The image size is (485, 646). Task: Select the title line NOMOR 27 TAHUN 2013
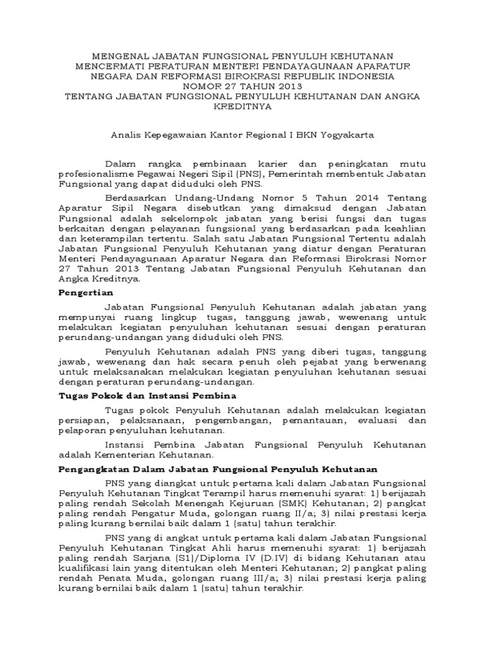242,86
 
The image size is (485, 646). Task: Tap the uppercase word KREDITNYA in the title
242,107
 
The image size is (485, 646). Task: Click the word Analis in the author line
127,136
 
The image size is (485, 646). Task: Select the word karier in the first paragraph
274,163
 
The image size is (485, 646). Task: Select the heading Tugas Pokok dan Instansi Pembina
147,396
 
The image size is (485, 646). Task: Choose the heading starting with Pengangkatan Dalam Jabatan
217,469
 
